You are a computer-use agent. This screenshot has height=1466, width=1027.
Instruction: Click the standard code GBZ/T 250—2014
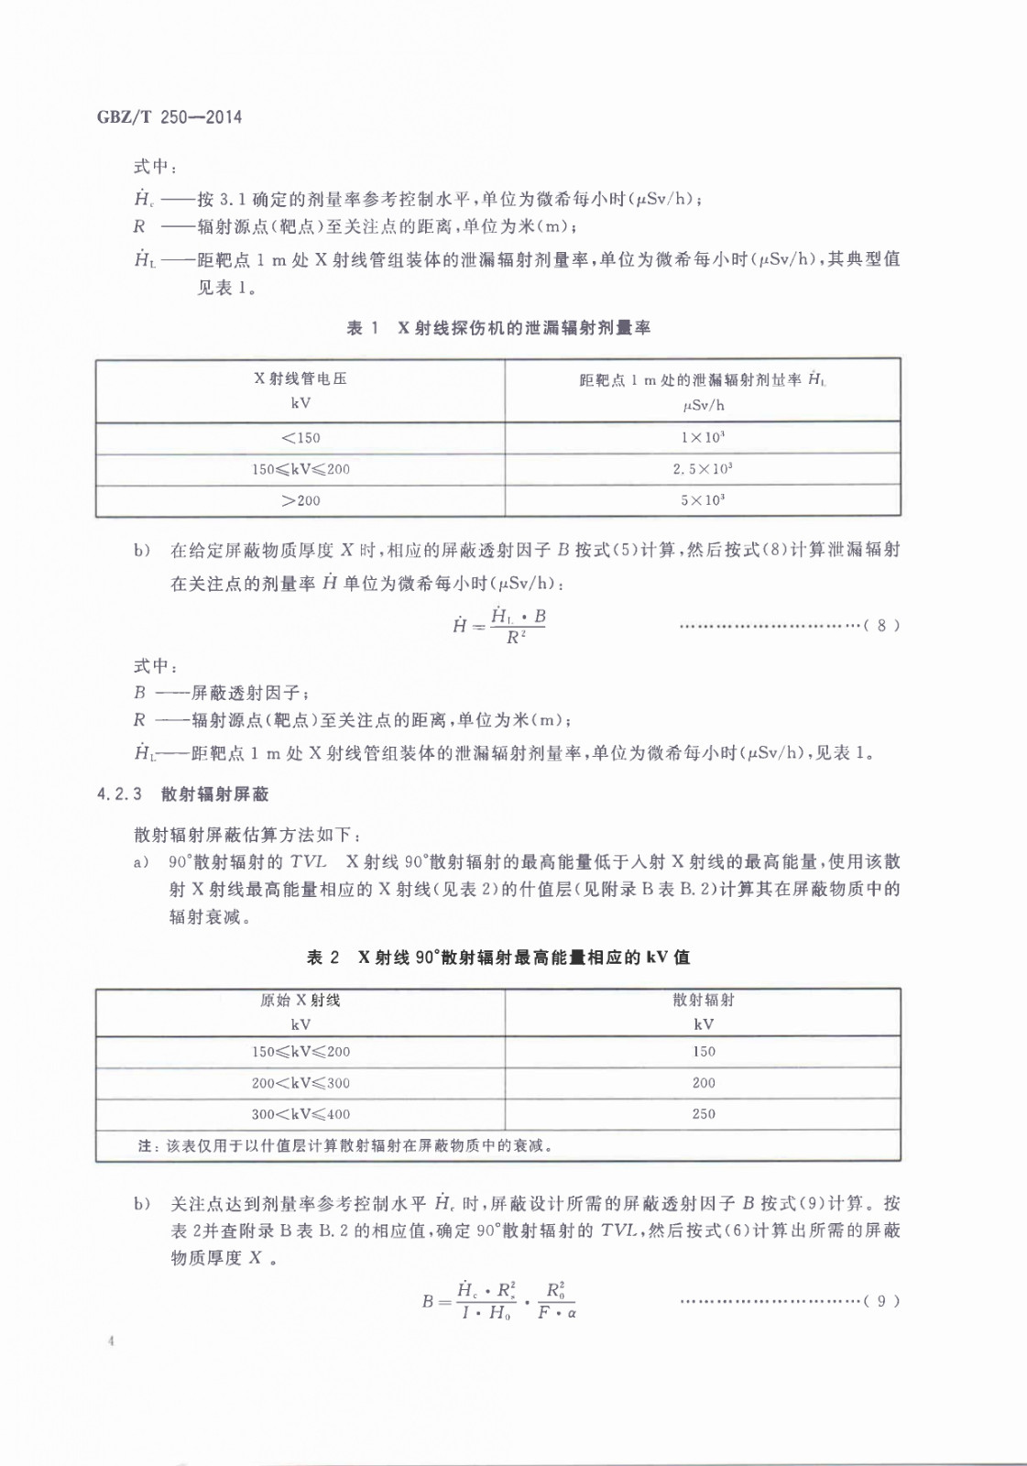[x=169, y=117]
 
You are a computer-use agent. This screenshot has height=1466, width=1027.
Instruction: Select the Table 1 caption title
[x=498, y=328]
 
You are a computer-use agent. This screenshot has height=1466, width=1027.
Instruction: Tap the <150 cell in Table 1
[x=300, y=438]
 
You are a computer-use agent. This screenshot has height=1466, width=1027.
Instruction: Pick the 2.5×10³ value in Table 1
[x=703, y=469]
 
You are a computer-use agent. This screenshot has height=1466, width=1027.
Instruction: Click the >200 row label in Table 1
[x=300, y=500]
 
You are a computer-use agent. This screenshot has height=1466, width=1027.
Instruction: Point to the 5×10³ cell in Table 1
[x=703, y=500]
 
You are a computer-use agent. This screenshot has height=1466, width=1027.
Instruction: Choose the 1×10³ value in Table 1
[x=703, y=438]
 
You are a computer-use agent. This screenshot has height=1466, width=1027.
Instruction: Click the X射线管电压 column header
[x=300, y=378]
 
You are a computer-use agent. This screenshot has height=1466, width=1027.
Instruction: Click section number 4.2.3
[x=120, y=794]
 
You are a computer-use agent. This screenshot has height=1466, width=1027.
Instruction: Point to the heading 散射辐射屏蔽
[x=215, y=794]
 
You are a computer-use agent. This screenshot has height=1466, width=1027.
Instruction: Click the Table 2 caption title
[x=498, y=957]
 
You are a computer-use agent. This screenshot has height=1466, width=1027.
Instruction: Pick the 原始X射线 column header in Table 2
[x=300, y=1001]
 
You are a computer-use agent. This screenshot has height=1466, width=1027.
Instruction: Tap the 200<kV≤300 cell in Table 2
[x=300, y=1083]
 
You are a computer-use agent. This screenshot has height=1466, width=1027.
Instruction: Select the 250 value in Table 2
[x=704, y=1114]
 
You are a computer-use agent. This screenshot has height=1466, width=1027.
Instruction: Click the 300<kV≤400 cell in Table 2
[x=300, y=1114]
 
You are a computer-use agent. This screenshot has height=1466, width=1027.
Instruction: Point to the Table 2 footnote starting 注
[x=345, y=1145]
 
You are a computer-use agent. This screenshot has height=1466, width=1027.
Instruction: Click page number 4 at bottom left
[x=111, y=1342]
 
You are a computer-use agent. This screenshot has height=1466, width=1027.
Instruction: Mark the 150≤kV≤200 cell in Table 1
[x=300, y=469]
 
